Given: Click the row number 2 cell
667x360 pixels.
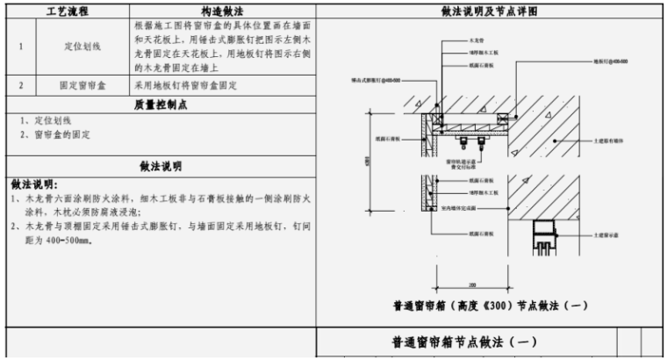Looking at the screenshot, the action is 20,87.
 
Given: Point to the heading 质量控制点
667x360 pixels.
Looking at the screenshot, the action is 160,104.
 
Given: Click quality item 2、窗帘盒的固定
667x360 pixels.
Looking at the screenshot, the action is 54,135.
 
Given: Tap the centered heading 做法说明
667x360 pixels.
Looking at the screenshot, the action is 160,165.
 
